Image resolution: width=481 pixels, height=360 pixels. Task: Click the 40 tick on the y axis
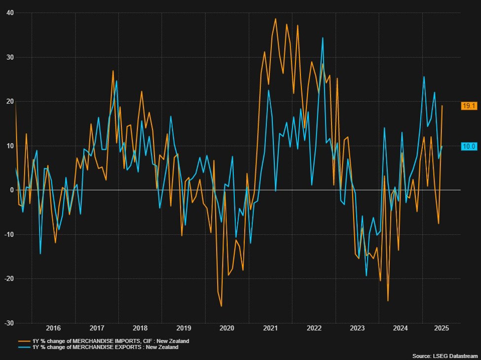pos(9,13)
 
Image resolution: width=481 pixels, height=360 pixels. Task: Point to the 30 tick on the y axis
pos(9,57)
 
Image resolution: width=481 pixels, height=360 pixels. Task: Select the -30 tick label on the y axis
pos(8,323)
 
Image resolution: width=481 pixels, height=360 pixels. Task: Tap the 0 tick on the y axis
pos(11,190)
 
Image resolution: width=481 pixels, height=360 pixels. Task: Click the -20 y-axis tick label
pos(8,279)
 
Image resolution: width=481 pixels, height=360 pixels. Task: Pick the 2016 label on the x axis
pos(53,328)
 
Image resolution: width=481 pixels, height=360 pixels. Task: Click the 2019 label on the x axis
pos(184,328)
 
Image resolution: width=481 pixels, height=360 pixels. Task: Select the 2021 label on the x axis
pos(270,328)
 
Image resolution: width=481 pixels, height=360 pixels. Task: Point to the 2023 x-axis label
pos(357,328)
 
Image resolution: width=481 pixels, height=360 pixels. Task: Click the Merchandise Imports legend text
pos(111,341)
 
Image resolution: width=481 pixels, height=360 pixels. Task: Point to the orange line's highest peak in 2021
pos(276,19)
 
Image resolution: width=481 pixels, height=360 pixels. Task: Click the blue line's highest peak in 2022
pos(323,37)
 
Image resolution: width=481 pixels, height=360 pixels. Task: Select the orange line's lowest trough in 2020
pos(221,306)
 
